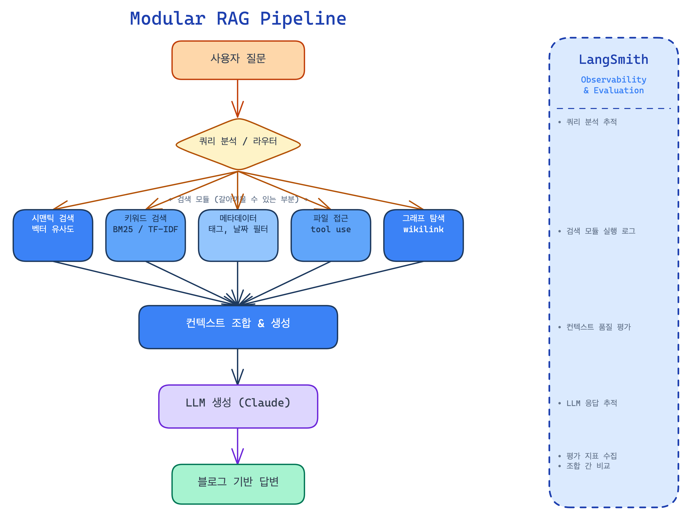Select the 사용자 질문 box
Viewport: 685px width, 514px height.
238,60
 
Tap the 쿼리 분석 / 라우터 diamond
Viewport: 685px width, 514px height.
238,144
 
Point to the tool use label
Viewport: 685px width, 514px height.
331,230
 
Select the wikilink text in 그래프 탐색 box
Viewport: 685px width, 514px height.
423,230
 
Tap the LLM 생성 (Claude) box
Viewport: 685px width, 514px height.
238,406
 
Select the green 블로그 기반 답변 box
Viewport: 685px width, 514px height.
238,484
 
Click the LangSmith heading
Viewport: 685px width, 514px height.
614,59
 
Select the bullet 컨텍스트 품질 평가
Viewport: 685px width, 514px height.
598,327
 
